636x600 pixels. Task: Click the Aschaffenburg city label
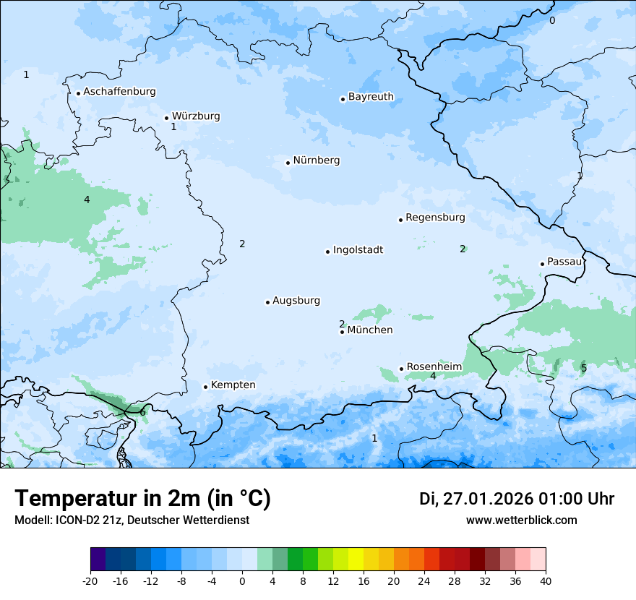point(119,92)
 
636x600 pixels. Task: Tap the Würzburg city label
point(195,116)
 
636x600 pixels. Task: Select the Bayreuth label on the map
point(371,97)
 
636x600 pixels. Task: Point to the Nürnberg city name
point(316,160)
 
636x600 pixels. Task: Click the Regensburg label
point(435,218)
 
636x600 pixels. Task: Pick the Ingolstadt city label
point(358,250)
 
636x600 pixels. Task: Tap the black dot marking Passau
point(542,264)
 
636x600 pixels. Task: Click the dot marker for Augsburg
point(267,302)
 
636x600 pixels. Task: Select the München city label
point(370,330)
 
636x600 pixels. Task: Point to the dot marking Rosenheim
point(401,369)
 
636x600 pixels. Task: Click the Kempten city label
point(233,385)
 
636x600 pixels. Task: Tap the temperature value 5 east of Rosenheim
point(584,369)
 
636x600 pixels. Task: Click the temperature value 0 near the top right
point(552,21)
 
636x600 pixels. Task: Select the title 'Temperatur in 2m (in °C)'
point(142,499)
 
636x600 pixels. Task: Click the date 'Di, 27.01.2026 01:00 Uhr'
point(517,499)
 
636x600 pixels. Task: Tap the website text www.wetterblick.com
point(521,520)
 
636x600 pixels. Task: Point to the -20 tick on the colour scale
point(90,580)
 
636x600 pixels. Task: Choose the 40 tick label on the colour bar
point(546,580)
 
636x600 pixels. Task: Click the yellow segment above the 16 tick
point(356,560)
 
